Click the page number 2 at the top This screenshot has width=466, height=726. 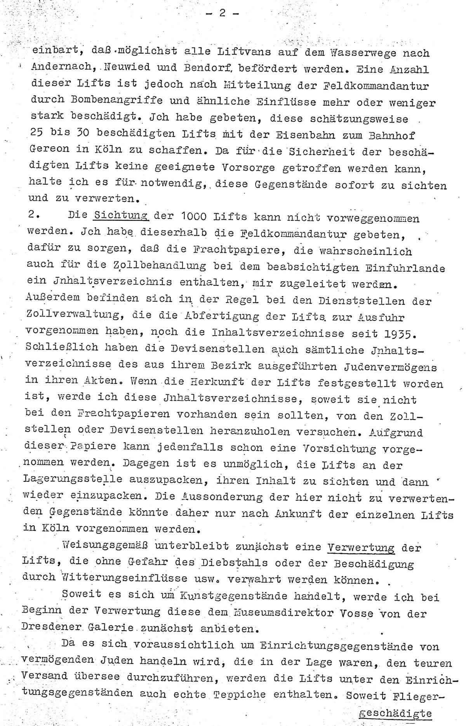222,13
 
